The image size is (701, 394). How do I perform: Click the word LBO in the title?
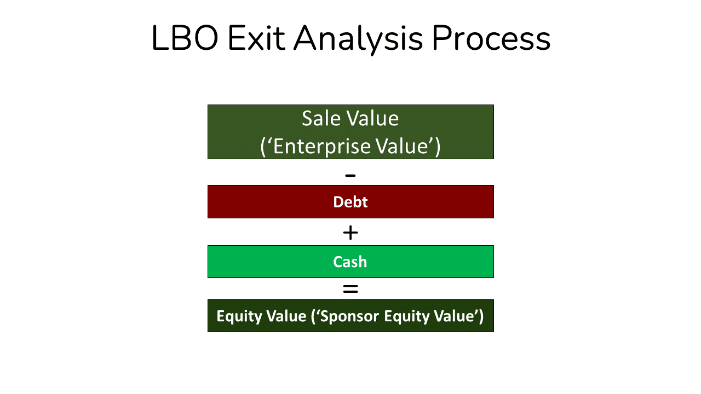184,39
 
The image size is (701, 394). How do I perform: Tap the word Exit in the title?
256,39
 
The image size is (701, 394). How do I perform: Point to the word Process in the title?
490,39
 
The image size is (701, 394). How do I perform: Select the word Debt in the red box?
350,202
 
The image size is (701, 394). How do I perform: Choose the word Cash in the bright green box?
350,262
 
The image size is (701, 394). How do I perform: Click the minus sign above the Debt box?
350,176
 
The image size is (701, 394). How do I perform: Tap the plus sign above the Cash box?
350,233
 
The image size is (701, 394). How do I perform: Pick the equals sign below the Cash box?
350,289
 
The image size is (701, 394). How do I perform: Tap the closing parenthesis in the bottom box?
481,316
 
